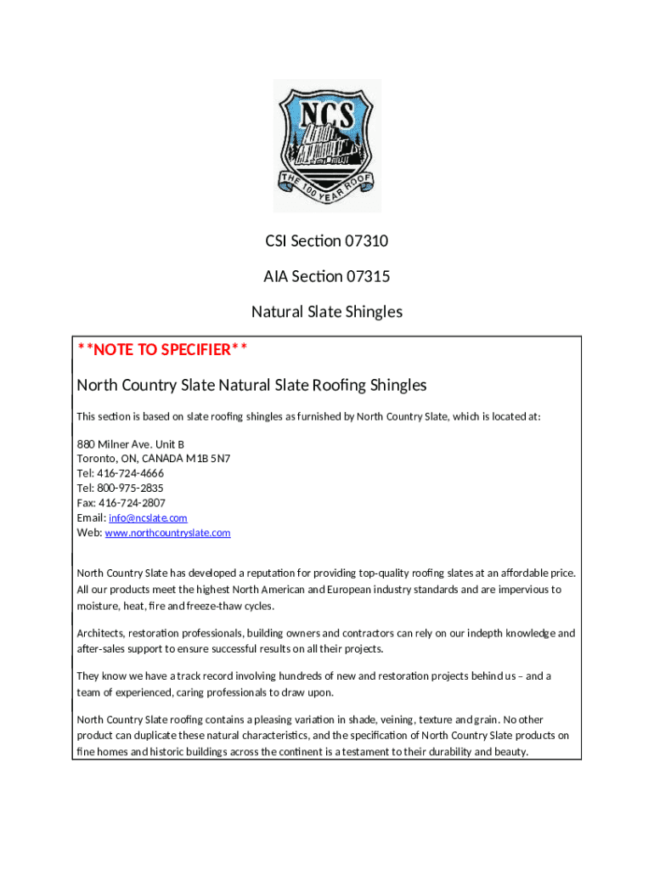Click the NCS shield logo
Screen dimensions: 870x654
tap(327, 145)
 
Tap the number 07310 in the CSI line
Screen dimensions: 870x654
tap(366, 241)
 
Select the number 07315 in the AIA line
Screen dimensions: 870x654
tap(368, 276)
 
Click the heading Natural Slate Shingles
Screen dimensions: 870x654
tap(327, 312)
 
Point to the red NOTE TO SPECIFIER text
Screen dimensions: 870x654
tap(162, 350)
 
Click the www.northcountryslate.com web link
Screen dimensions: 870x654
tap(167, 533)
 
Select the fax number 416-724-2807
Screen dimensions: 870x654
tap(132, 503)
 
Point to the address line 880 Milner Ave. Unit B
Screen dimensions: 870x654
tap(130, 443)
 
